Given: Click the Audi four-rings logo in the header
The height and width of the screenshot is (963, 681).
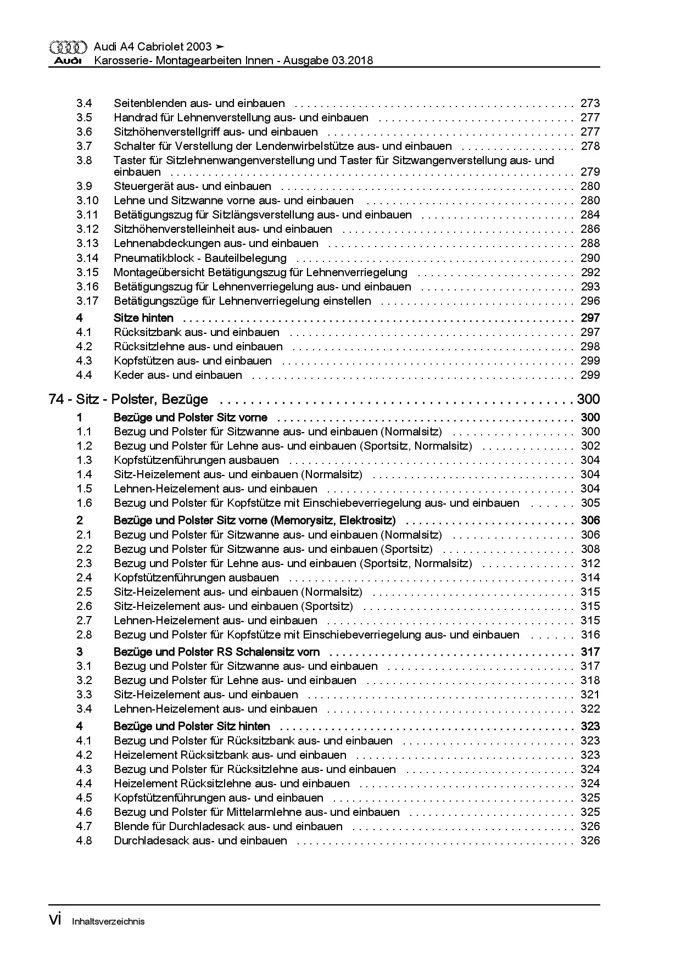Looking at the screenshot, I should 68,47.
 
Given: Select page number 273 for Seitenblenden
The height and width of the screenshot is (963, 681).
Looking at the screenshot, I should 590,103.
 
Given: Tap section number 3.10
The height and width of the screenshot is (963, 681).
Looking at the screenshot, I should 87,200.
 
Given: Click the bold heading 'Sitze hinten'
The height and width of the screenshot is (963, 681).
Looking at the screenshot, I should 143,318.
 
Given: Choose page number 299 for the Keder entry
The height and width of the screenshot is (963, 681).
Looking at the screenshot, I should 590,375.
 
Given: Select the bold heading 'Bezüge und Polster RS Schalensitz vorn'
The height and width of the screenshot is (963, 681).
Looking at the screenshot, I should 216,652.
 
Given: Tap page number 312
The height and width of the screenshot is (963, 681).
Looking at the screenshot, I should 590,563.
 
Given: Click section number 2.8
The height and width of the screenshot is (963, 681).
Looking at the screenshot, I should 84,635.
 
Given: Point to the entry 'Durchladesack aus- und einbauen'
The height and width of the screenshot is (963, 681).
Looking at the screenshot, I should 200,841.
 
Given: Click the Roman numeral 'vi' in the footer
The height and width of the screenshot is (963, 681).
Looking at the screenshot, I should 55,920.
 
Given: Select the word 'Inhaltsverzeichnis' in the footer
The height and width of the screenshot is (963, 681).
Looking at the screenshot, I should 108,921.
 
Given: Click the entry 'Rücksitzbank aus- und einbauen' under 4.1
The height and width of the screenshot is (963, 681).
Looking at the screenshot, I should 197,332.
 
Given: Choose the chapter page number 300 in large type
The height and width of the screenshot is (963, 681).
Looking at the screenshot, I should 588,399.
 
